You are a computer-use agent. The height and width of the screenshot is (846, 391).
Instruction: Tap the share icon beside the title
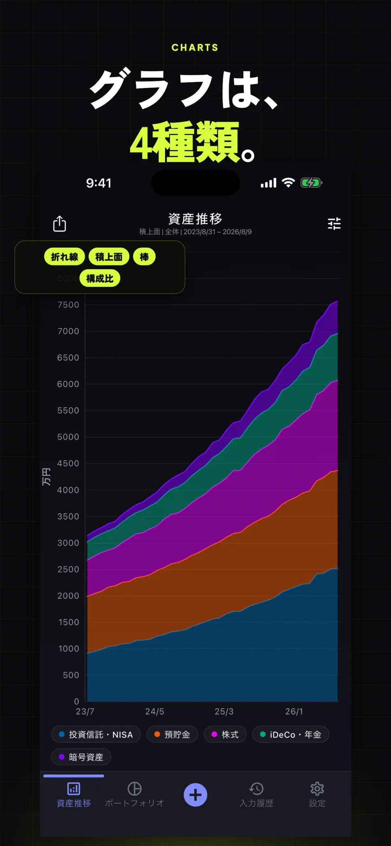pos(60,223)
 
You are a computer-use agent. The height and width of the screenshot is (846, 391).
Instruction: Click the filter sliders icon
pos(334,223)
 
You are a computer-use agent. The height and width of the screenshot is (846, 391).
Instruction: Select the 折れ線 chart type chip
pos(65,257)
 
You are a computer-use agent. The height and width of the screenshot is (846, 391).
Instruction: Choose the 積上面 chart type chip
pos(109,257)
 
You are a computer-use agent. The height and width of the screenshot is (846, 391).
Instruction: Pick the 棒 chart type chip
pos(144,257)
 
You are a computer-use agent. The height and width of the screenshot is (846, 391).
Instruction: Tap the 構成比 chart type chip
pos(100,278)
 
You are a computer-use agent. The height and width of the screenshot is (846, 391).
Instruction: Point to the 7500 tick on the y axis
pos(68,305)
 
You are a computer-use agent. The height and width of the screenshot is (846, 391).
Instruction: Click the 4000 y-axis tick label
pos(68,490)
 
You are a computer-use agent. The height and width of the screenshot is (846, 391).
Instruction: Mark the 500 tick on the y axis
pos(71,675)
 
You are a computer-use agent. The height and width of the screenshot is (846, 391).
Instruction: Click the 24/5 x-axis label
pos(155,711)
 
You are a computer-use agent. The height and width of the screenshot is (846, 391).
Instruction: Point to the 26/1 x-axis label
pos(294,711)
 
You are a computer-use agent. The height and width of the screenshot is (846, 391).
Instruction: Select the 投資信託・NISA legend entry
pos(96,734)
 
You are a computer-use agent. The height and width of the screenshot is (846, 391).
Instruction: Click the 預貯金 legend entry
pos(172,734)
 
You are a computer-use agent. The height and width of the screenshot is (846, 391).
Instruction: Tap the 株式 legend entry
pos(225,734)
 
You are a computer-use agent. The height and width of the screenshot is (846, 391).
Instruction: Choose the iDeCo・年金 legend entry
pos(291,734)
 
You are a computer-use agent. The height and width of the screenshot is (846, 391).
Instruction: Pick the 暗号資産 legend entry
pos(81,757)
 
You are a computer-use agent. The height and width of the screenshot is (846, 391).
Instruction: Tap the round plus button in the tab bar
pos(195,795)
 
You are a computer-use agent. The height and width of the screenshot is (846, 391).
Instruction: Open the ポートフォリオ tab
pos(135,795)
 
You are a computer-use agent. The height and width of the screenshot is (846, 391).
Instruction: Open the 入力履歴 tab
pos(256,795)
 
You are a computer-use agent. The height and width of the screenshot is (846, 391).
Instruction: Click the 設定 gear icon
pos(317,789)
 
